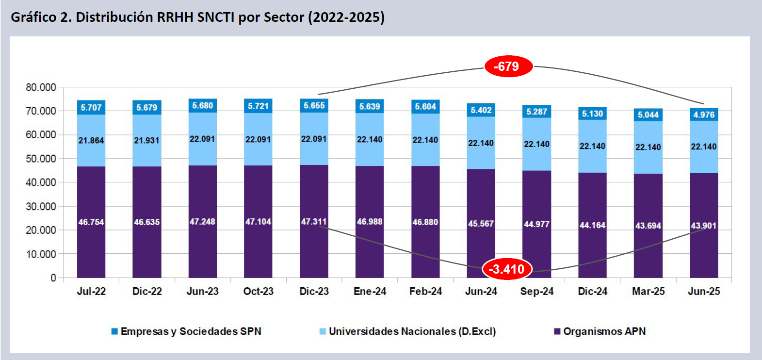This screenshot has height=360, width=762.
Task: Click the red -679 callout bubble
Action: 508,66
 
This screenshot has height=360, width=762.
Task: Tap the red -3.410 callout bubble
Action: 507,269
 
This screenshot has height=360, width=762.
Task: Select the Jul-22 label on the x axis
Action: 91,292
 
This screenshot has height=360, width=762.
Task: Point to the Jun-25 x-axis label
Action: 704,292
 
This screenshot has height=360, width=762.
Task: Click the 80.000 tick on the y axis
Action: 41,87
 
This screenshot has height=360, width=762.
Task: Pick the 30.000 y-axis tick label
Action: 41,207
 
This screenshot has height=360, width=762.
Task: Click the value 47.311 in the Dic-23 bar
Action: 314,222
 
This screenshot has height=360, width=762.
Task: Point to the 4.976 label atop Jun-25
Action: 704,115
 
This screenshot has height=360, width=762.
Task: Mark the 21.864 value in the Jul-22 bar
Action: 91,140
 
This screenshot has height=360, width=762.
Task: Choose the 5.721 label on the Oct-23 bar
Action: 258,106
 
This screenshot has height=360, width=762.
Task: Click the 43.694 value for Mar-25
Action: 648,226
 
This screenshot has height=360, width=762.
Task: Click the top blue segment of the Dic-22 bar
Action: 146,107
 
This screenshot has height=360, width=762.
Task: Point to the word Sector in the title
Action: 283,17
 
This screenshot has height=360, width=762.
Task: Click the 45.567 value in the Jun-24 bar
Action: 481,224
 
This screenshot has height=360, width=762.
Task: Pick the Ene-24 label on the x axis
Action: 370,292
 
